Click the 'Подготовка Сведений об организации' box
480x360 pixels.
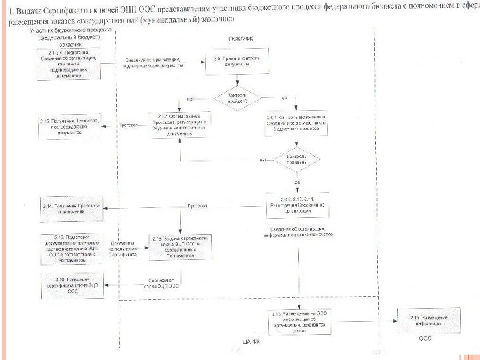[71, 62]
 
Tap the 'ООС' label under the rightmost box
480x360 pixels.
[425, 338]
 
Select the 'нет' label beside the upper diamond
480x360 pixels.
[190, 99]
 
